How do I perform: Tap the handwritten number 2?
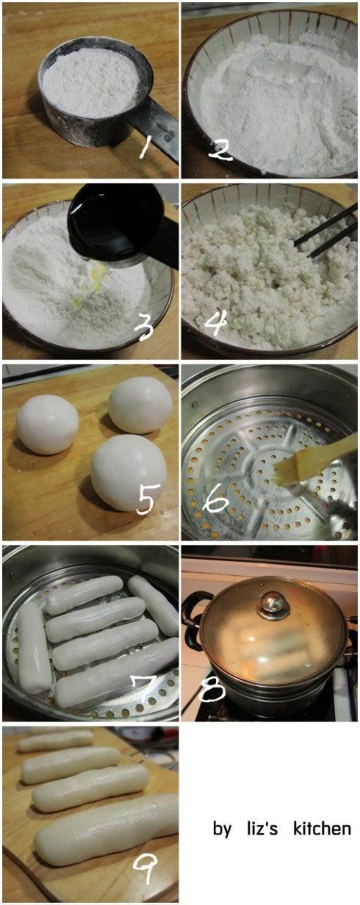point(220,151)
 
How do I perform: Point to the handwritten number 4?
point(217,322)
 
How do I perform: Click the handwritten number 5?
point(145,501)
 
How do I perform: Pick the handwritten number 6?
point(217,502)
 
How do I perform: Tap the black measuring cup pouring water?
point(117,226)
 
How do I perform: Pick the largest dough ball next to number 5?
point(128,472)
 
